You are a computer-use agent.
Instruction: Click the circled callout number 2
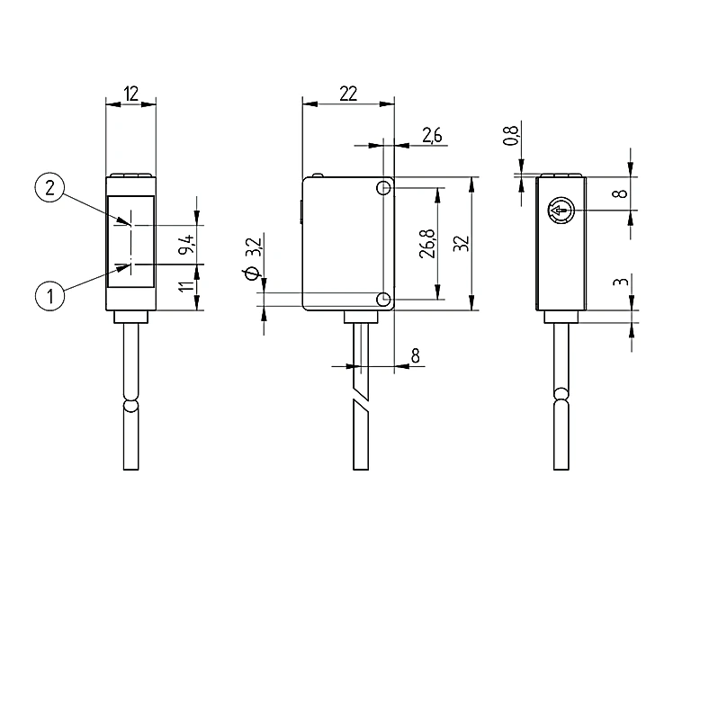point(49,187)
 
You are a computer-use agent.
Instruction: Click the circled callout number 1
point(49,296)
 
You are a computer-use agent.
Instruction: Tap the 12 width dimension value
point(130,94)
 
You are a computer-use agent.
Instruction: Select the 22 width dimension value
point(348,94)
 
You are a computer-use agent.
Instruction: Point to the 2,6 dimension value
point(432,135)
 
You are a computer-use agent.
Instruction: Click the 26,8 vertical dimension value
point(427,244)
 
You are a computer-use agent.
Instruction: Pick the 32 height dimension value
point(462,243)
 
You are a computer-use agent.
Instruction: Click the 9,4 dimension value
point(186,244)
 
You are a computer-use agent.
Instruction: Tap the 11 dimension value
point(186,286)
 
